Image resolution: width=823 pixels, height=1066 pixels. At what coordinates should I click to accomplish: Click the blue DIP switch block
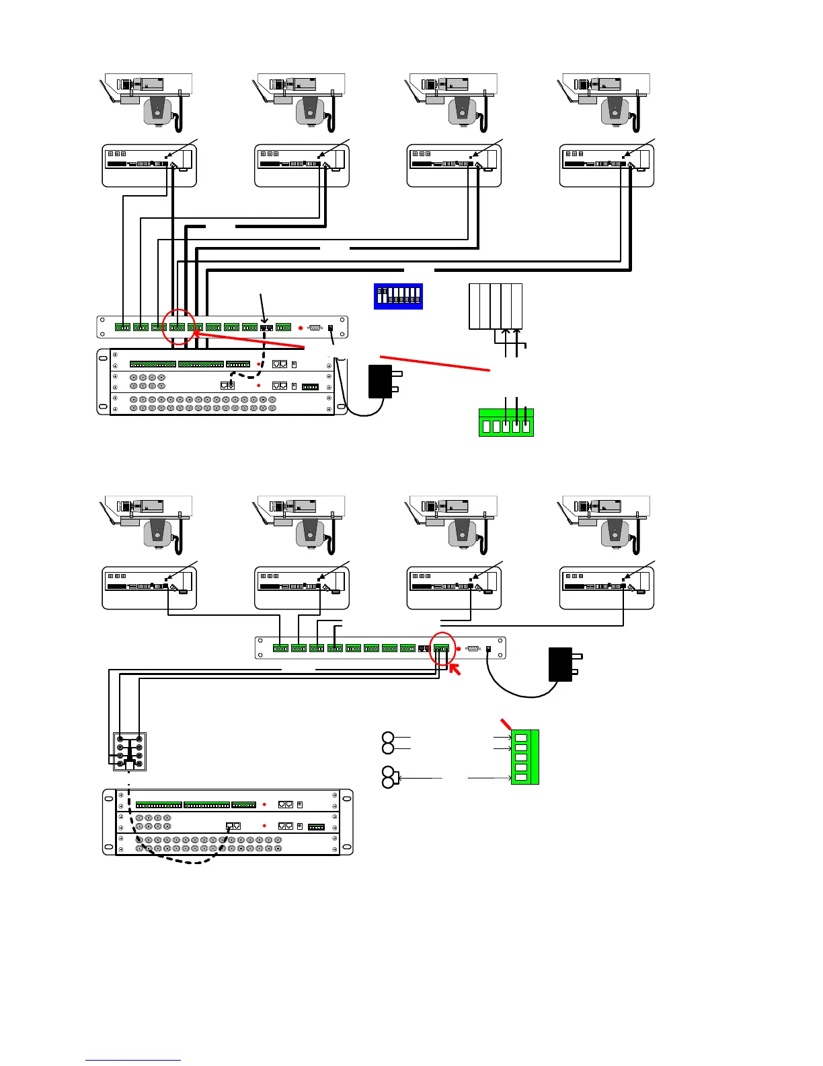[x=398, y=296]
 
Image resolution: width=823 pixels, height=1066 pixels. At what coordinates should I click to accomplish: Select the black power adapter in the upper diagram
[x=381, y=381]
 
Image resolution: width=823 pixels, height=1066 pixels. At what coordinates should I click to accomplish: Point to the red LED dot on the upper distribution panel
[x=301, y=328]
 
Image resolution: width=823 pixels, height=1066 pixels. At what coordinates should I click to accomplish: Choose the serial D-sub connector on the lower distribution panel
[x=473, y=649]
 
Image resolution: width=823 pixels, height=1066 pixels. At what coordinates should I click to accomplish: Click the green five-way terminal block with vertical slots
[x=506, y=423]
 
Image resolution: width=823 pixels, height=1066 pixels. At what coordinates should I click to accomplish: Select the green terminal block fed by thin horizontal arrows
[x=524, y=757]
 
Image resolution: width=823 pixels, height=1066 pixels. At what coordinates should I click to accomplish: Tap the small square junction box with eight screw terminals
[x=129, y=751]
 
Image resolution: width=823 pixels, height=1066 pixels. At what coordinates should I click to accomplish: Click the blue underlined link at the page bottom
[x=133, y=1060]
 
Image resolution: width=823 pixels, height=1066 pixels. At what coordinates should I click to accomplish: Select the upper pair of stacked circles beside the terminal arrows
[x=388, y=743]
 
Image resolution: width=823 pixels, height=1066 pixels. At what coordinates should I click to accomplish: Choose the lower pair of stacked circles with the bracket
[x=388, y=777]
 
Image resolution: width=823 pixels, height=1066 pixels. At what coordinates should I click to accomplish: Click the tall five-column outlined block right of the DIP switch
[x=496, y=307]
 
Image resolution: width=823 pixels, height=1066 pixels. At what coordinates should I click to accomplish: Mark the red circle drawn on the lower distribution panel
[x=442, y=649]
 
